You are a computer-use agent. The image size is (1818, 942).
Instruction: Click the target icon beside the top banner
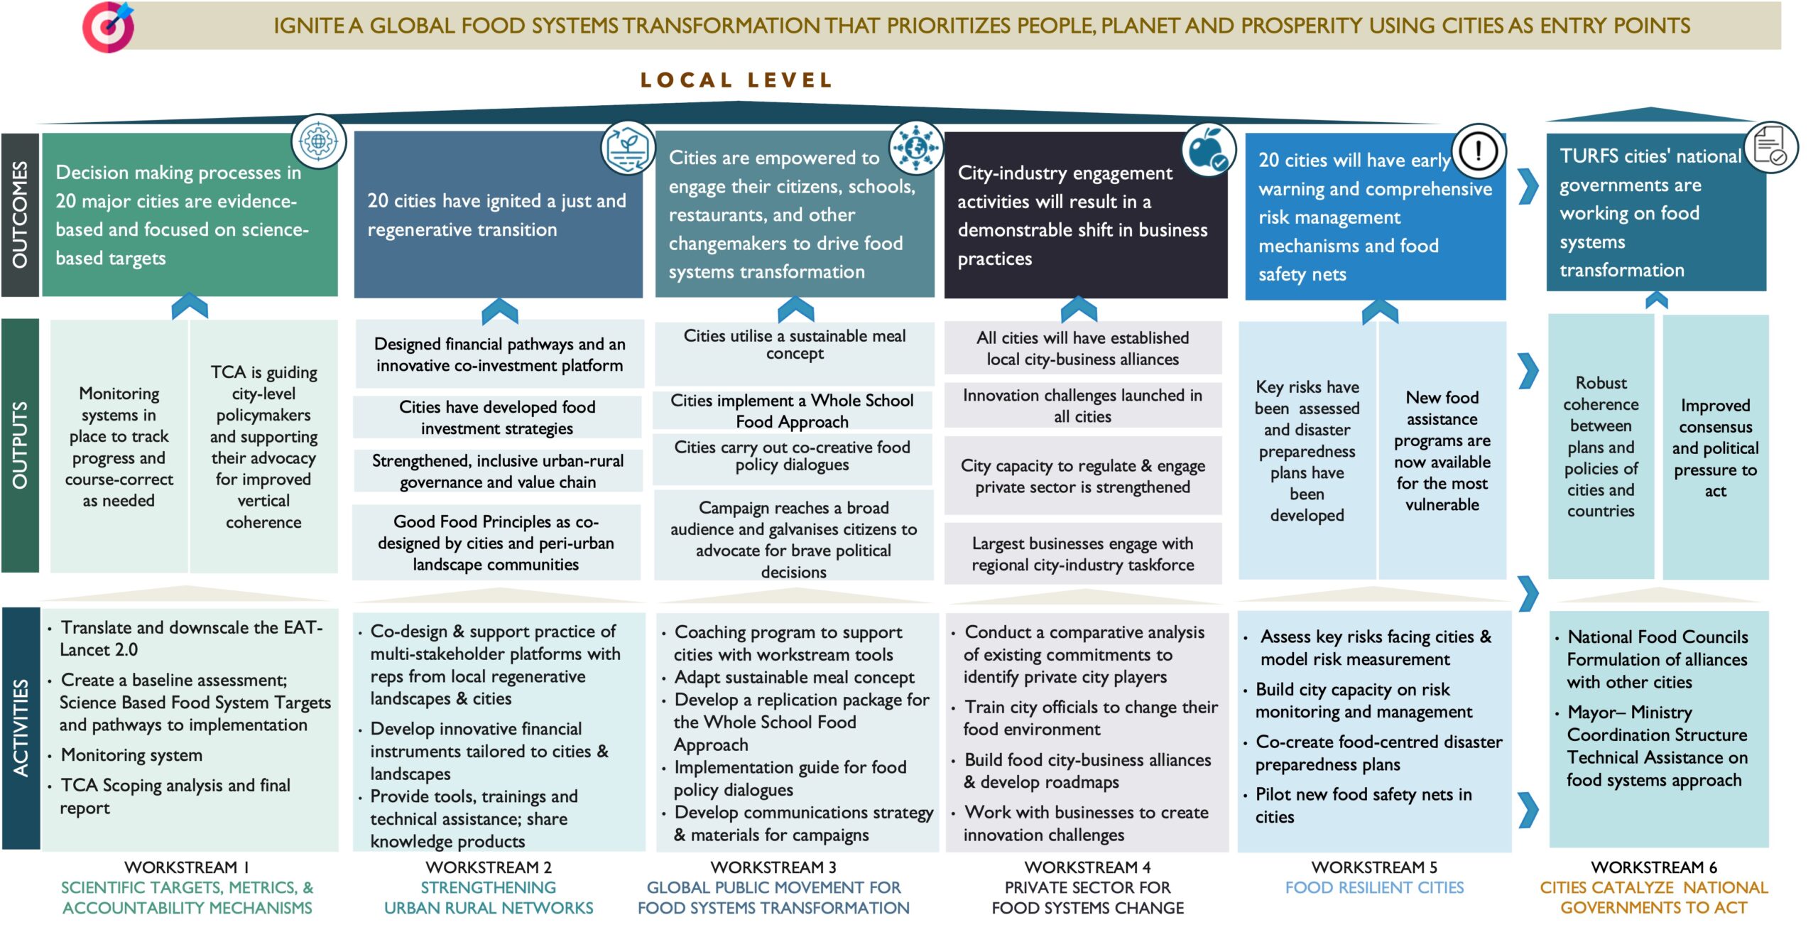pos(108,27)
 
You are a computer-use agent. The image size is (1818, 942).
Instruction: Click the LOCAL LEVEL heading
pos(736,80)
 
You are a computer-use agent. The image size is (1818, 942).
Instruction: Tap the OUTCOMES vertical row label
pos(20,215)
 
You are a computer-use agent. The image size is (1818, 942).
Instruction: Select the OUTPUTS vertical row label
pos(20,445)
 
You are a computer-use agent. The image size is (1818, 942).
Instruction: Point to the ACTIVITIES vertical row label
pos(21,728)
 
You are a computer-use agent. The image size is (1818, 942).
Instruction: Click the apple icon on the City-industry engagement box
pos(1207,150)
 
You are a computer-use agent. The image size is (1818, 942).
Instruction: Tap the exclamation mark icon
pos(1479,151)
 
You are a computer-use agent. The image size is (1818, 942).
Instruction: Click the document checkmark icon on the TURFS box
pos(1771,147)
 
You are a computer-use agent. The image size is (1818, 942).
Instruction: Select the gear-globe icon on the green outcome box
pos(319,141)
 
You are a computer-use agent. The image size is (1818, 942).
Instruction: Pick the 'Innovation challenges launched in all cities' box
pos(1082,406)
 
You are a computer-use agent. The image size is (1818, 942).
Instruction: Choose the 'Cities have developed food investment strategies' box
pos(497,417)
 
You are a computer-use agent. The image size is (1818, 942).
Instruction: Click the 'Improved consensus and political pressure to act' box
pos(1715,448)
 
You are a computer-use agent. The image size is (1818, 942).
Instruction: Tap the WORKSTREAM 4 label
pos(1087,867)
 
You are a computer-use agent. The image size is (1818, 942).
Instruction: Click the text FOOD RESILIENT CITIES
pos(1374,887)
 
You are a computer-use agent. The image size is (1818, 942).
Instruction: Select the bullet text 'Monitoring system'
pos(131,755)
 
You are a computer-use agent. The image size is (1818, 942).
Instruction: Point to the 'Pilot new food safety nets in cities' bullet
pos(1363,806)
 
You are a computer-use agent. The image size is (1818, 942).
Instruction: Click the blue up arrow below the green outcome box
pos(190,305)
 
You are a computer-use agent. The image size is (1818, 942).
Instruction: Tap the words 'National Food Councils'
pos(1658,637)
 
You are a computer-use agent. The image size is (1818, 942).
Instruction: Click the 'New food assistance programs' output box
pos(1442,450)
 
